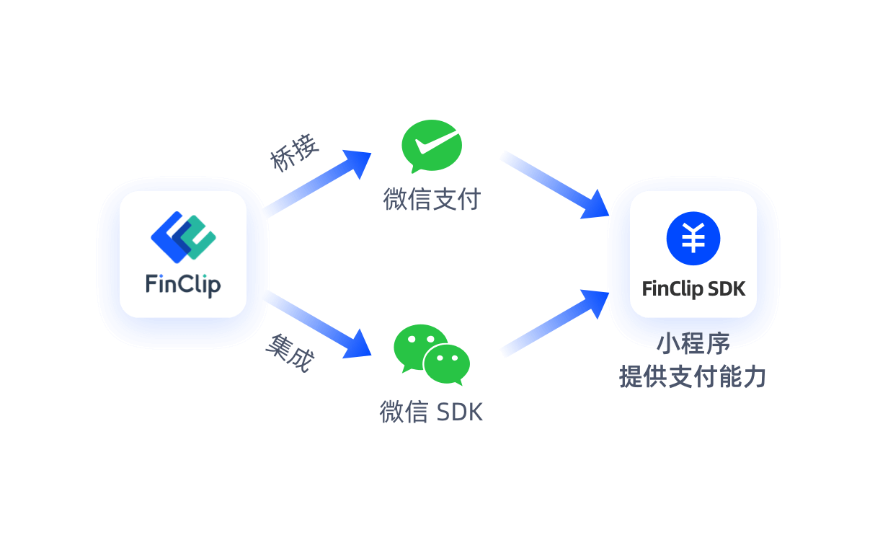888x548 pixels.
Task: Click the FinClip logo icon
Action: pyautogui.click(x=183, y=236)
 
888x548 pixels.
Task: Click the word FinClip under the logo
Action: pyautogui.click(x=183, y=283)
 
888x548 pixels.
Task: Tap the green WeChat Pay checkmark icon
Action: pyautogui.click(x=431, y=145)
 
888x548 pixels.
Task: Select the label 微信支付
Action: pyautogui.click(x=431, y=200)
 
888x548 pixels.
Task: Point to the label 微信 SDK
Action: pyautogui.click(x=431, y=412)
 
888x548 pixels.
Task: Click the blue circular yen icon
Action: pyautogui.click(x=693, y=239)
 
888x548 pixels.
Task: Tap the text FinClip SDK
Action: pyautogui.click(x=693, y=289)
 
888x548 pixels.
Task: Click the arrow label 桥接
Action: pyautogui.click(x=294, y=154)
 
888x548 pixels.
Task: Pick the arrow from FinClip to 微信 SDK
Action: pyautogui.click(x=317, y=322)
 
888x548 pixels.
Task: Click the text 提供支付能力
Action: pyautogui.click(x=692, y=376)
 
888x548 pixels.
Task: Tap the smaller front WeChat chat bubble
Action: pyautogui.click(x=447, y=364)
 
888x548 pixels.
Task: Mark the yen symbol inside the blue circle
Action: pyautogui.click(x=693, y=239)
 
